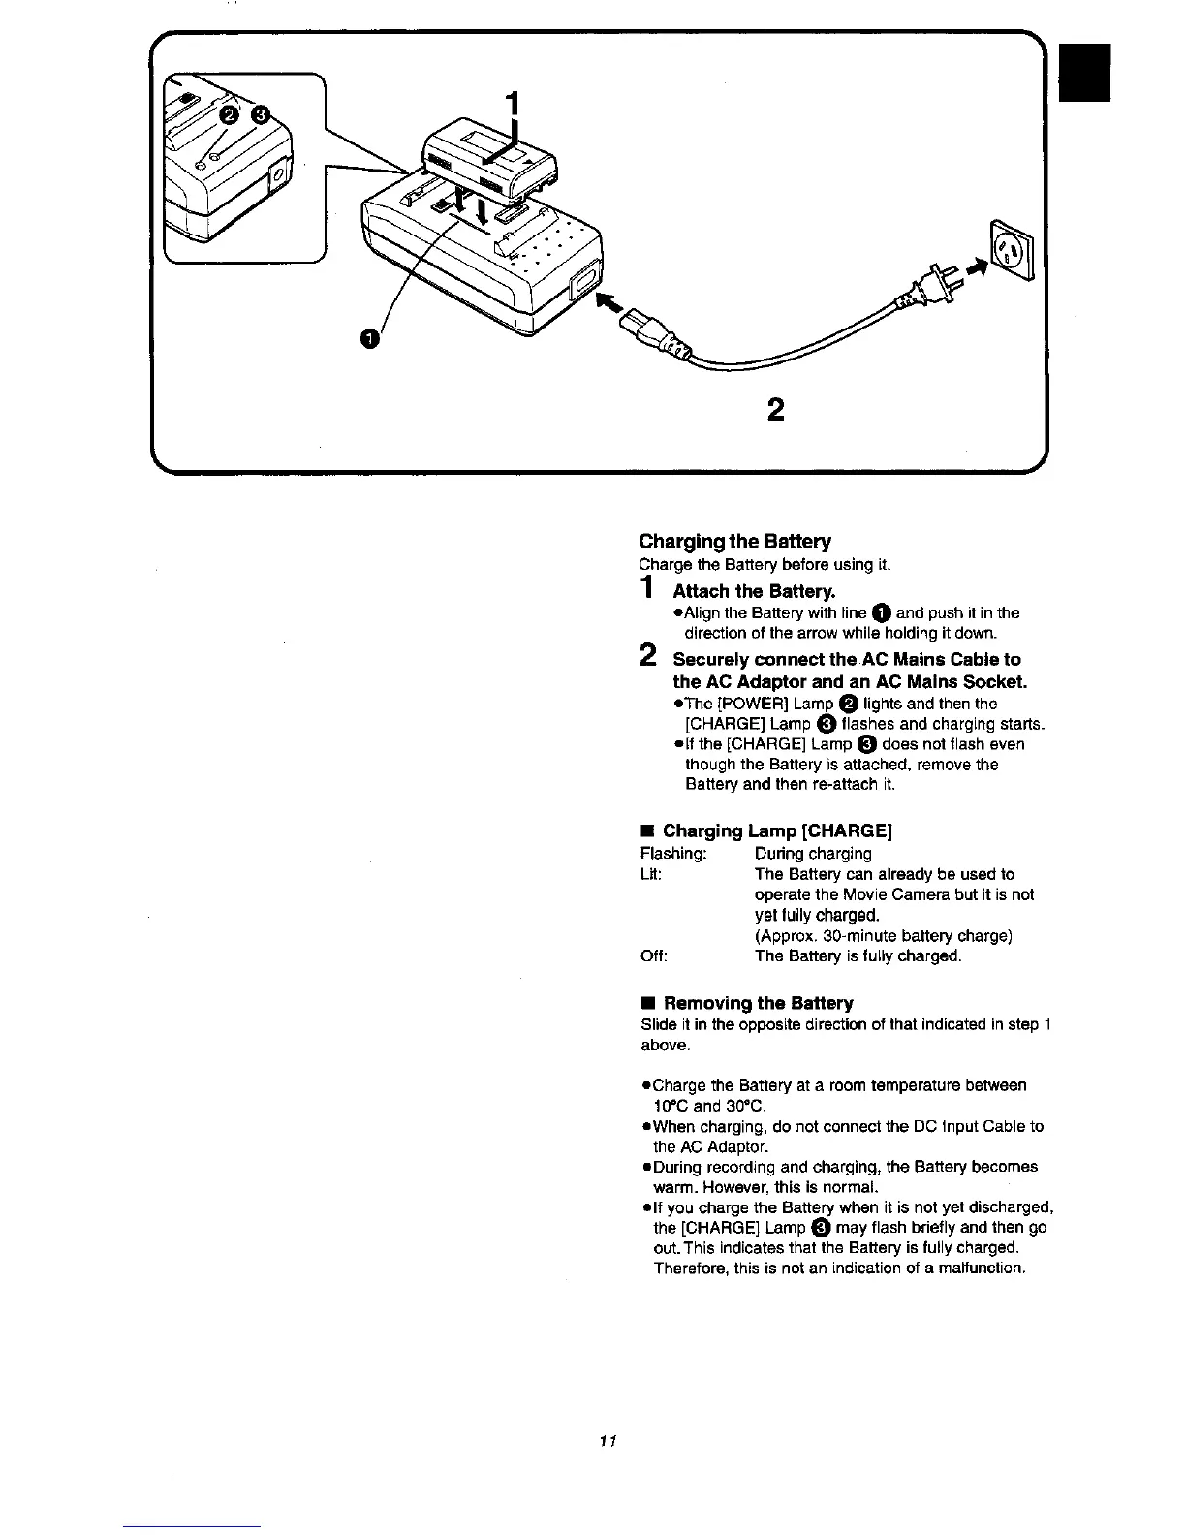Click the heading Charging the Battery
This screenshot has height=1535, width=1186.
pyautogui.click(x=734, y=541)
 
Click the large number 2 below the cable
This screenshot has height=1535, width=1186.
pyautogui.click(x=775, y=411)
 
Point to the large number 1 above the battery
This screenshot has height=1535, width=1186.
pyautogui.click(x=515, y=104)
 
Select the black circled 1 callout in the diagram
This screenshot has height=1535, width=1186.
pyautogui.click(x=367, y=337)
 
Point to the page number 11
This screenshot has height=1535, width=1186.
pyautogui.click(x=609, y=1440)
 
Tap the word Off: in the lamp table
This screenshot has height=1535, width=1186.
pyautogui.click(x=654, y=956)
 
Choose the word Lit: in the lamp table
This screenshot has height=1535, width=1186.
pyautogui.click(x=651, y=874)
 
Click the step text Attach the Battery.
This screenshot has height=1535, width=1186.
pyautogui.click(x=754, y=591)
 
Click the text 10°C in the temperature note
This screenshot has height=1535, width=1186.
pyautogui.click(x=670, y=1106)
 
